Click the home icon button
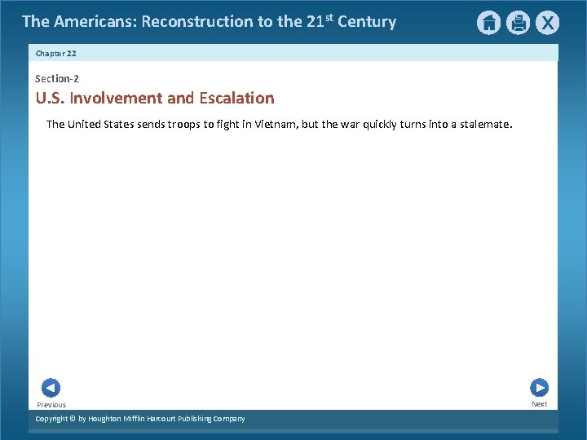[488, 23]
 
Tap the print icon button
[518, 23]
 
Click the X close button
[547, 23]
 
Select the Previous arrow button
[51, 388]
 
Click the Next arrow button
[539, 388]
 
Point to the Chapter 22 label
[56, 53]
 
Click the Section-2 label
[57, 78]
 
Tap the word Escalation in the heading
[236, 99]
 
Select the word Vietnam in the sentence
[277, 125]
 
